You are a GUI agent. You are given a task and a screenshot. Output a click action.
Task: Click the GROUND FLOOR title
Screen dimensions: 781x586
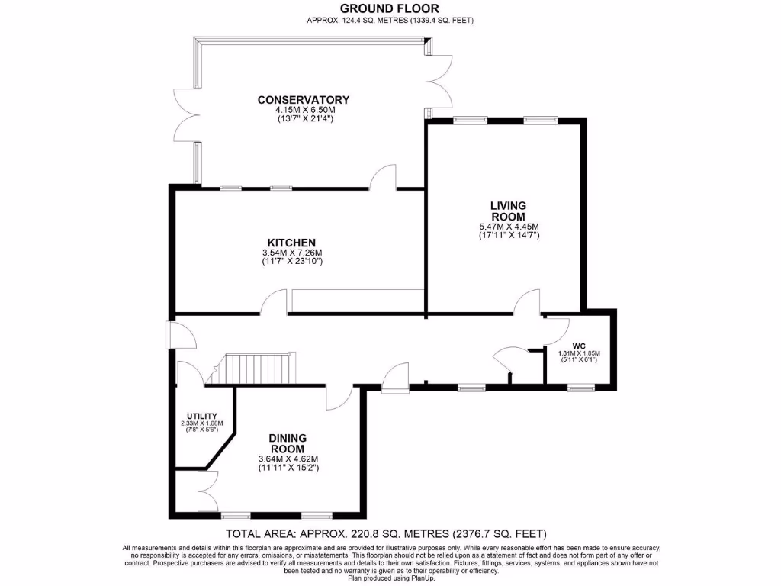390,8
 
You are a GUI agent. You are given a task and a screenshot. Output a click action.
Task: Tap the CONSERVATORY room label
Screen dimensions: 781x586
304,100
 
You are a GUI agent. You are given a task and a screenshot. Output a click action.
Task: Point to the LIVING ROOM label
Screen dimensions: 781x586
508,211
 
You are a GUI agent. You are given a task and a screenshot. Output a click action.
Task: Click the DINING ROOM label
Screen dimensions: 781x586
288,443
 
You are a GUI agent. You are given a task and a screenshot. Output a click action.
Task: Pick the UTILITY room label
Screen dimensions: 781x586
201,416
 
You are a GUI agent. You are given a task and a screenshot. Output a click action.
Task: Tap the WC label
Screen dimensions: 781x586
579,346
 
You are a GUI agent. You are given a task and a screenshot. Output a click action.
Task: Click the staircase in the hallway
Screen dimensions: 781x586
256,369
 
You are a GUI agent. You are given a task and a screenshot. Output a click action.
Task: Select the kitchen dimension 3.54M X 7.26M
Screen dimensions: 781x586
292,253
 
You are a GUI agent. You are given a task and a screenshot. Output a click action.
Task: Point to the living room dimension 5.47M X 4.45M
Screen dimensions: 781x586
508,226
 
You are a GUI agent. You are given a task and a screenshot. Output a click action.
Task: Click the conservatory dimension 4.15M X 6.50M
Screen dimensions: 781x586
305,110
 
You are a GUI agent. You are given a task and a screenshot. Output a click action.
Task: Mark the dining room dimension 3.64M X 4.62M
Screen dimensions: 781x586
288,459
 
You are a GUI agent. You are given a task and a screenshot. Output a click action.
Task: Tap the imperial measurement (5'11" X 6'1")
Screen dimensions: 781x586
579,359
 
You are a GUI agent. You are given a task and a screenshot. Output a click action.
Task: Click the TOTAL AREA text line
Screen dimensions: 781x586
386,533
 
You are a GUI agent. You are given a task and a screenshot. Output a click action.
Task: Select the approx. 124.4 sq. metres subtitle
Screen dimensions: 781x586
390,21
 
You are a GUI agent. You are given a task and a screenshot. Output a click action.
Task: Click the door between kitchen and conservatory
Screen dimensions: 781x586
383,177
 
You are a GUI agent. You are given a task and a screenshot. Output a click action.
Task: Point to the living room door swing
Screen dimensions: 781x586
527,302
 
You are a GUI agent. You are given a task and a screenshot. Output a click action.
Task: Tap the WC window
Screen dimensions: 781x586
581,387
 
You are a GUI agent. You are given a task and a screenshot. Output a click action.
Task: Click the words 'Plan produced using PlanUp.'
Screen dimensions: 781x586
391,578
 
